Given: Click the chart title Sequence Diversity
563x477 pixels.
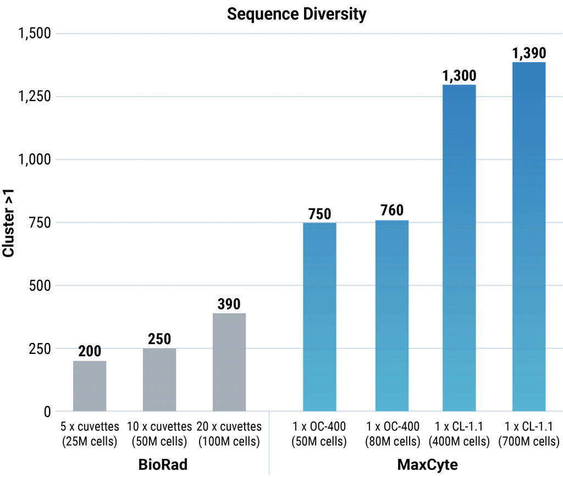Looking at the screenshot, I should point(296,14).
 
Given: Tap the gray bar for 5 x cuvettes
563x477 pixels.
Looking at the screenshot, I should point(90,386).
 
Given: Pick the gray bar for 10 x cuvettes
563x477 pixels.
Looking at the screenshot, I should point(159,380).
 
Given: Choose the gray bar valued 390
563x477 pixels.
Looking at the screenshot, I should point(229,362).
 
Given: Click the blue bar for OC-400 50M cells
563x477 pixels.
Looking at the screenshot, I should point(319,317).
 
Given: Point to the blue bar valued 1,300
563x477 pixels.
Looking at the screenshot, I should point(460,248).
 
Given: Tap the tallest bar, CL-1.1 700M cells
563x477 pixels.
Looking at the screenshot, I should point(528,236).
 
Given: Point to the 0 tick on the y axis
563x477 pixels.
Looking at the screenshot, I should point(46,412).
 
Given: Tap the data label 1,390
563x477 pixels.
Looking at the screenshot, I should point(528,53).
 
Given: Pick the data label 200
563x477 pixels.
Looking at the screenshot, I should point(90,352).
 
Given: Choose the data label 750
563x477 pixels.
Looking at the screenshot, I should point(319,214).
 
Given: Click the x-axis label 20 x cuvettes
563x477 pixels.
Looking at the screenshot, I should point(229,434).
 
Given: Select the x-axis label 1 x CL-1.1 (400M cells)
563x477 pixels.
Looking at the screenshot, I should point(460,434).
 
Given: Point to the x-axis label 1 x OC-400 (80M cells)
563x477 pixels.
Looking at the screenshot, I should point(391,434).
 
